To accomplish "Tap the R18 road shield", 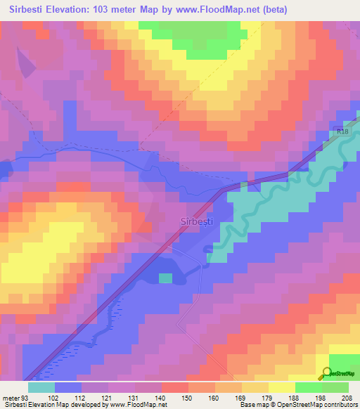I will pyautogui.click(x=342, y=131).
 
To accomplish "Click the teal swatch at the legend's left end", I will pyautogui.click(x=41, y=387).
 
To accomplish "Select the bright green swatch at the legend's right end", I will pyautogui.click(x=335, y=387).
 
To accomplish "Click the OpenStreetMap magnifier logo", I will pyautogui.click(x=327, y=374).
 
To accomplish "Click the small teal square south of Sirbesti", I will pyautogui.click(x=165, y=278).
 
